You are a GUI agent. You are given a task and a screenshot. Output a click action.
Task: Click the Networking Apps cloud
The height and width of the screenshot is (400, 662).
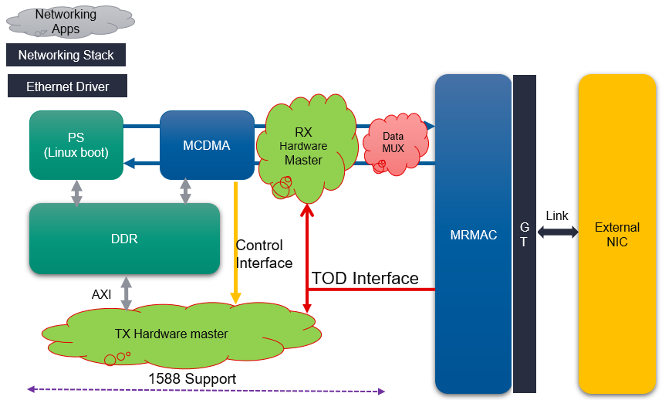click(x=65, y=21)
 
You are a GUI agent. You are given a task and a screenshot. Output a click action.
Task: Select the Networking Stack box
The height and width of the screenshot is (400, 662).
click(x=66, y=55)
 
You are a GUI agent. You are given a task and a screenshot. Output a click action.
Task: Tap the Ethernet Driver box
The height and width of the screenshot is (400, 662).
click(x=67, y=86)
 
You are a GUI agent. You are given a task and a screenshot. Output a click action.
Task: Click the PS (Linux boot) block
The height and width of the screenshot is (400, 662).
click(x=76, y=145)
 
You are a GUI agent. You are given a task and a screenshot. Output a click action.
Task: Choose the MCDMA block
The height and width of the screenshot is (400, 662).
click(x=207, y=145)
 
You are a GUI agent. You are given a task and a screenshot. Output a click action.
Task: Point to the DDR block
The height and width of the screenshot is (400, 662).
click(x=123, y=239)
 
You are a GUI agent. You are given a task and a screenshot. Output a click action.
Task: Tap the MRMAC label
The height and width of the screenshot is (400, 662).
click(x=473, y=235)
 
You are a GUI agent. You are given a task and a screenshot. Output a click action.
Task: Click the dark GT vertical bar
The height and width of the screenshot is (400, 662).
click(x=524, y=234)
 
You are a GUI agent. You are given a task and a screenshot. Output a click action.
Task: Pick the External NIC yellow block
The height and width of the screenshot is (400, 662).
click(x=616, y=235)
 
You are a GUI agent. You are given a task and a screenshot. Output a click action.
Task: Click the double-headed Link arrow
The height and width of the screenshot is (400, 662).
click(x=557, y=232)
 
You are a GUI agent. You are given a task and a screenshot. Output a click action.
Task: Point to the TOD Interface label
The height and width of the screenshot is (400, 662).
click(x=365, y=278)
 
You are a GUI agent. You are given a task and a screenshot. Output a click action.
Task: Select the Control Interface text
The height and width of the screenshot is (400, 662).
click(x=263, y=254)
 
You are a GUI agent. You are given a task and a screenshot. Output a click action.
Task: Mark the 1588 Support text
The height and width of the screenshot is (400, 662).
click(x=192, y=378)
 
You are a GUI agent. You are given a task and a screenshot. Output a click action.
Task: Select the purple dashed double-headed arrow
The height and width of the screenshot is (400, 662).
click(x=205, y=391)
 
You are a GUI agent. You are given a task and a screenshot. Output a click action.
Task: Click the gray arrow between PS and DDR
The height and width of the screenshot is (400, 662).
click(x=76, y=192)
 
